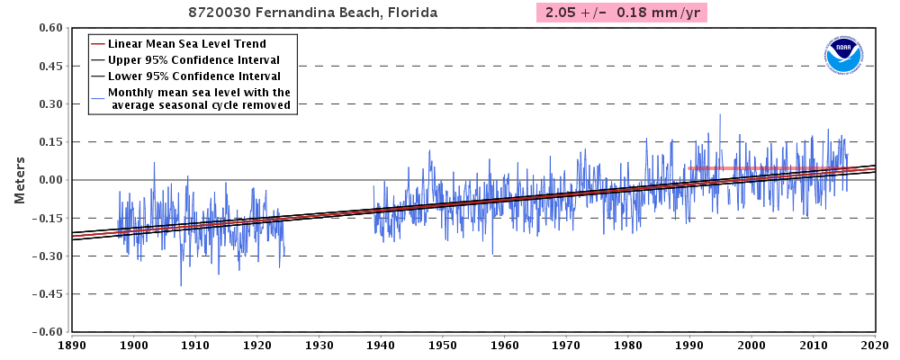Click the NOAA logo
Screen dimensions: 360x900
pos(843,56)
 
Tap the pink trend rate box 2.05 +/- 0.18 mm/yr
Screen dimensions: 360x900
pos(621,13)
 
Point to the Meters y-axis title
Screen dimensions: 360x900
pos(19,179)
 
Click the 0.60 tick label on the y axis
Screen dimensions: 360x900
pos(49,28)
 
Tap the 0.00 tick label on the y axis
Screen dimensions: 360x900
pos(49,180)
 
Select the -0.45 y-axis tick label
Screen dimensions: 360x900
pos(46,293)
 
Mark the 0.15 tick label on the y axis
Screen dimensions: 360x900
pos(49,142)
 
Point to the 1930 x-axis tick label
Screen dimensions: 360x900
pos(319,345)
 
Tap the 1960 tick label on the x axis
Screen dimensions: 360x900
pos(504,345)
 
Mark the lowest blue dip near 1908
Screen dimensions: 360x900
pos(181,285)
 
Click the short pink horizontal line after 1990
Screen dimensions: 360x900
pos(738,168)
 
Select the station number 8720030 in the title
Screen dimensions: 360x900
pos(220,13)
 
